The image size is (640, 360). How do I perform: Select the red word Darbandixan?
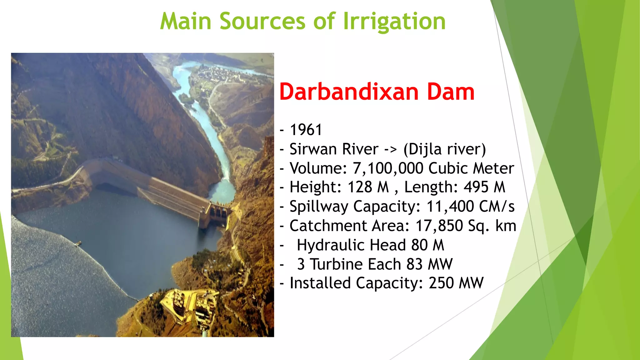point(349,92)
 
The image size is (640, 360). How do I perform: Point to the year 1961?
point(306,130)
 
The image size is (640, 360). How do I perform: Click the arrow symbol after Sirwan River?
point(390,149)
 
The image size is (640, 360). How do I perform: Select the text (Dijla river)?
point(444,149)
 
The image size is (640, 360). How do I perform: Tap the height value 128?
point(360,187)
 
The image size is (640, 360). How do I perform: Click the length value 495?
point(476,187)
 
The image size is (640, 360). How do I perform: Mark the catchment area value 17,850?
point(439,226)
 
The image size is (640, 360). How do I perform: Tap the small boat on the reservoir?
point(78,243)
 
